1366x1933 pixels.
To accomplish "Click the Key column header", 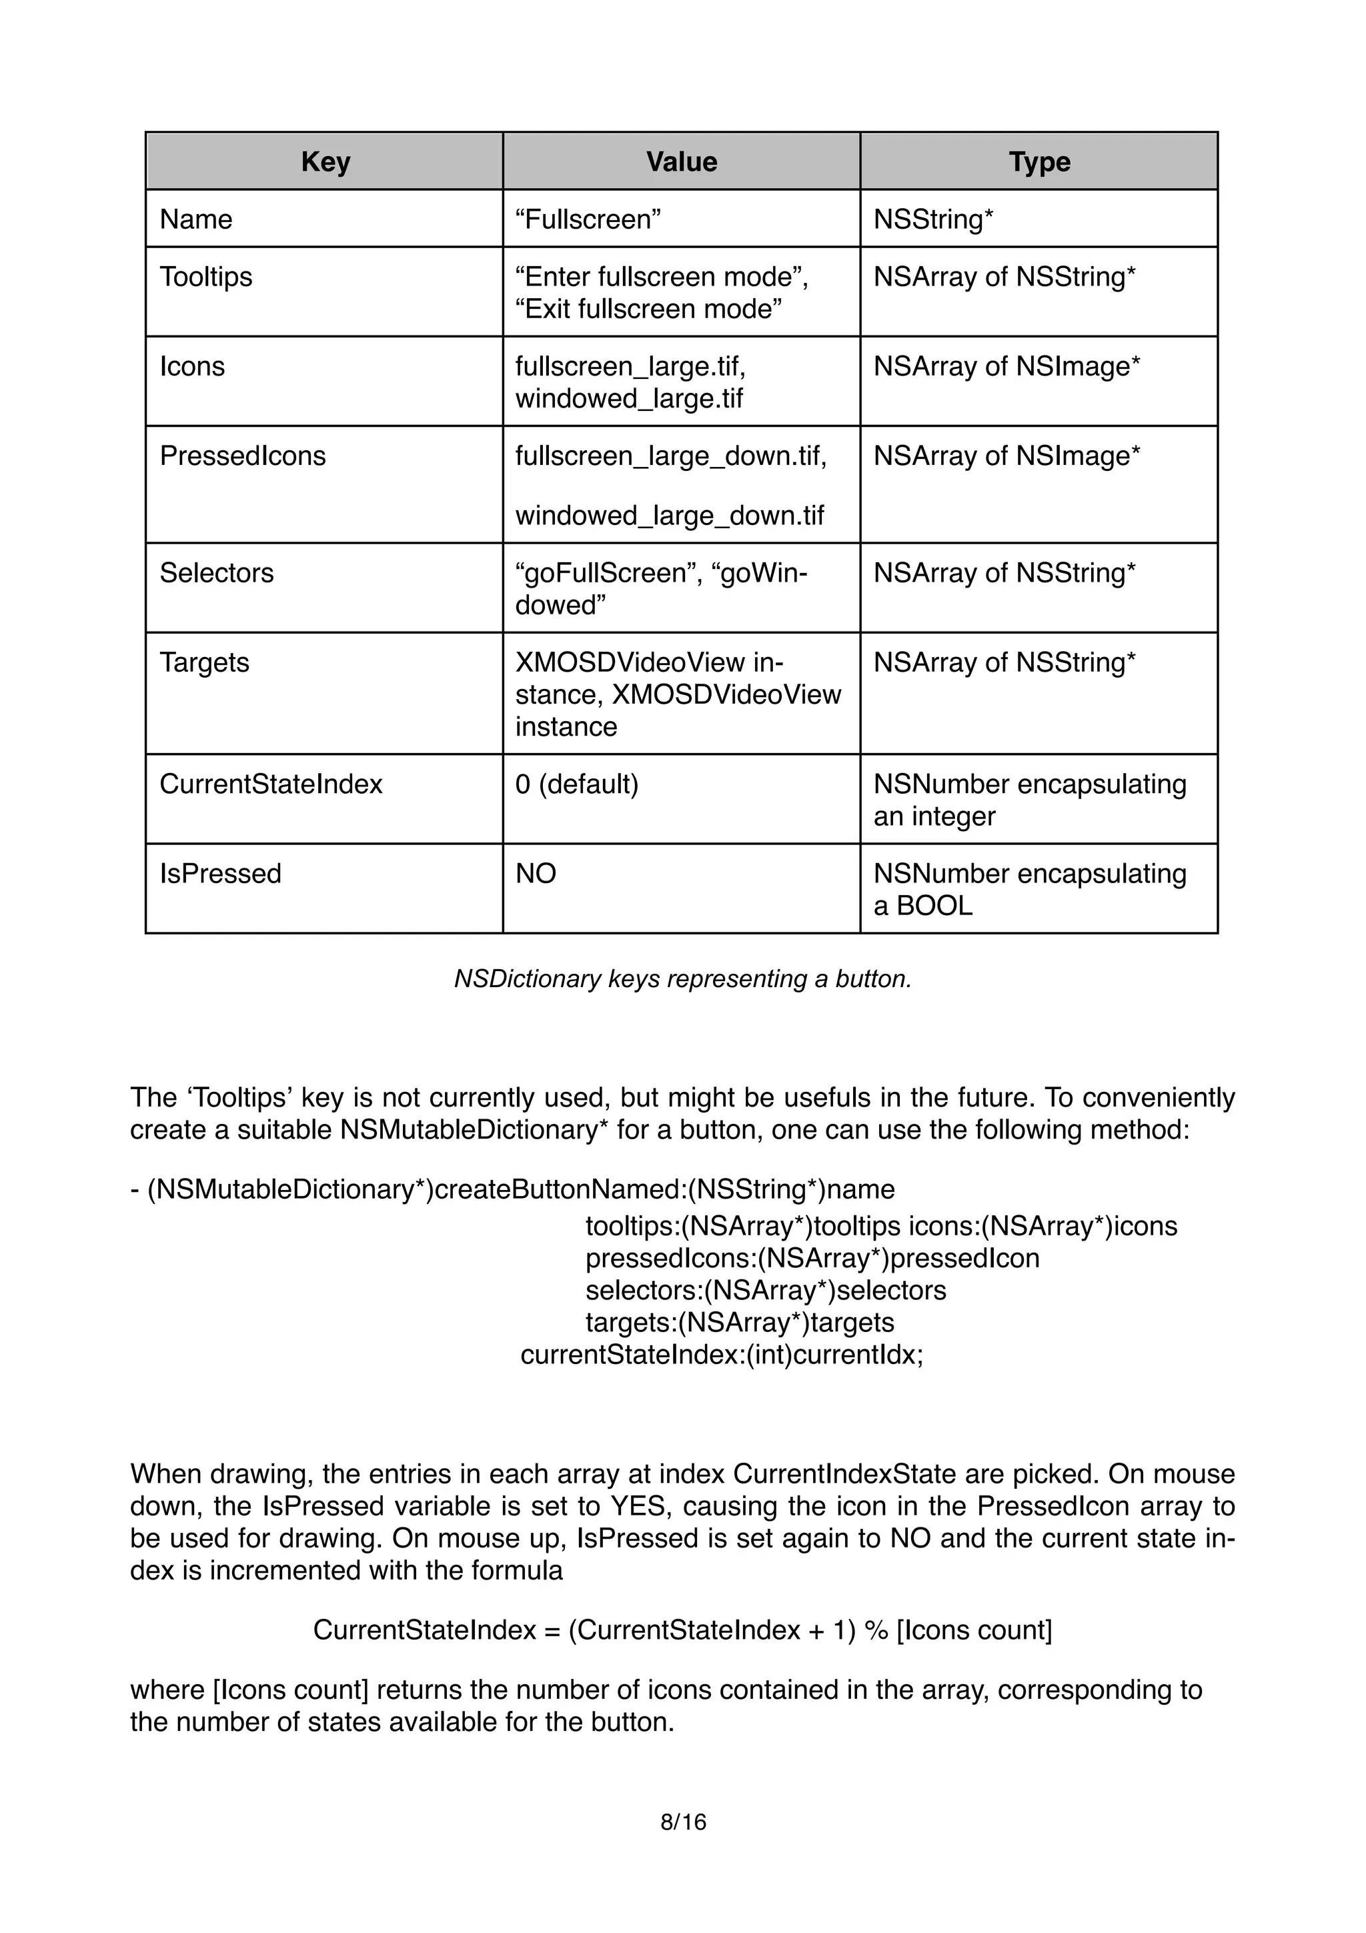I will pyautogui.click(x=325, y=161).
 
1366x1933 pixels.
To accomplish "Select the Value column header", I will pyautogui.click(x=681, y=161).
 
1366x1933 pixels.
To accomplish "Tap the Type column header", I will pyautogui.click(x=1039, y=161).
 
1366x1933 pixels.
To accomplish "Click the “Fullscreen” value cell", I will pyautogui.click(x=588, y=219).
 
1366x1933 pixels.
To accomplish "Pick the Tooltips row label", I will pyautogui.click(x=205, y=276).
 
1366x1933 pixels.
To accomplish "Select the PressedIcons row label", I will pyautogui.click(x=242, y=456).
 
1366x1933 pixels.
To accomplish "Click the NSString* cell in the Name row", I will pyautogui.click(x=933, y=219).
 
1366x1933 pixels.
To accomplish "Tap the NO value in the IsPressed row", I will pyautogui.click(x=536, y=873).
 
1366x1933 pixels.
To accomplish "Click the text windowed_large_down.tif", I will pyautogui.click(x=669, y=515).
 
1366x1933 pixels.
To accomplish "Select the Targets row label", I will pyautogui.click(x=205, y=662).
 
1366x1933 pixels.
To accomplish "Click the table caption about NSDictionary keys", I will pyautogui.click(x=682, y=979).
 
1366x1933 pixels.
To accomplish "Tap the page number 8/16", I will pyautogui.click(x=682, y=1822).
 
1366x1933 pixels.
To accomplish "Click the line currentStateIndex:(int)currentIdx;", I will pyautogui.click(x=721, y=1355).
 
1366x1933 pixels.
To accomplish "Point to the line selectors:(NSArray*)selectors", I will pyautogui.click(x=765, y=1290).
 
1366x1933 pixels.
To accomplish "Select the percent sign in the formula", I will pyautogui.click(x=876, y=1630).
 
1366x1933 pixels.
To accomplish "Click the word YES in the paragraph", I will pyautogui.click(x=638, y=1505).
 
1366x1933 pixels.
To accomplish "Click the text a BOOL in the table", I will pyautogui.click(x=922, y=905).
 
